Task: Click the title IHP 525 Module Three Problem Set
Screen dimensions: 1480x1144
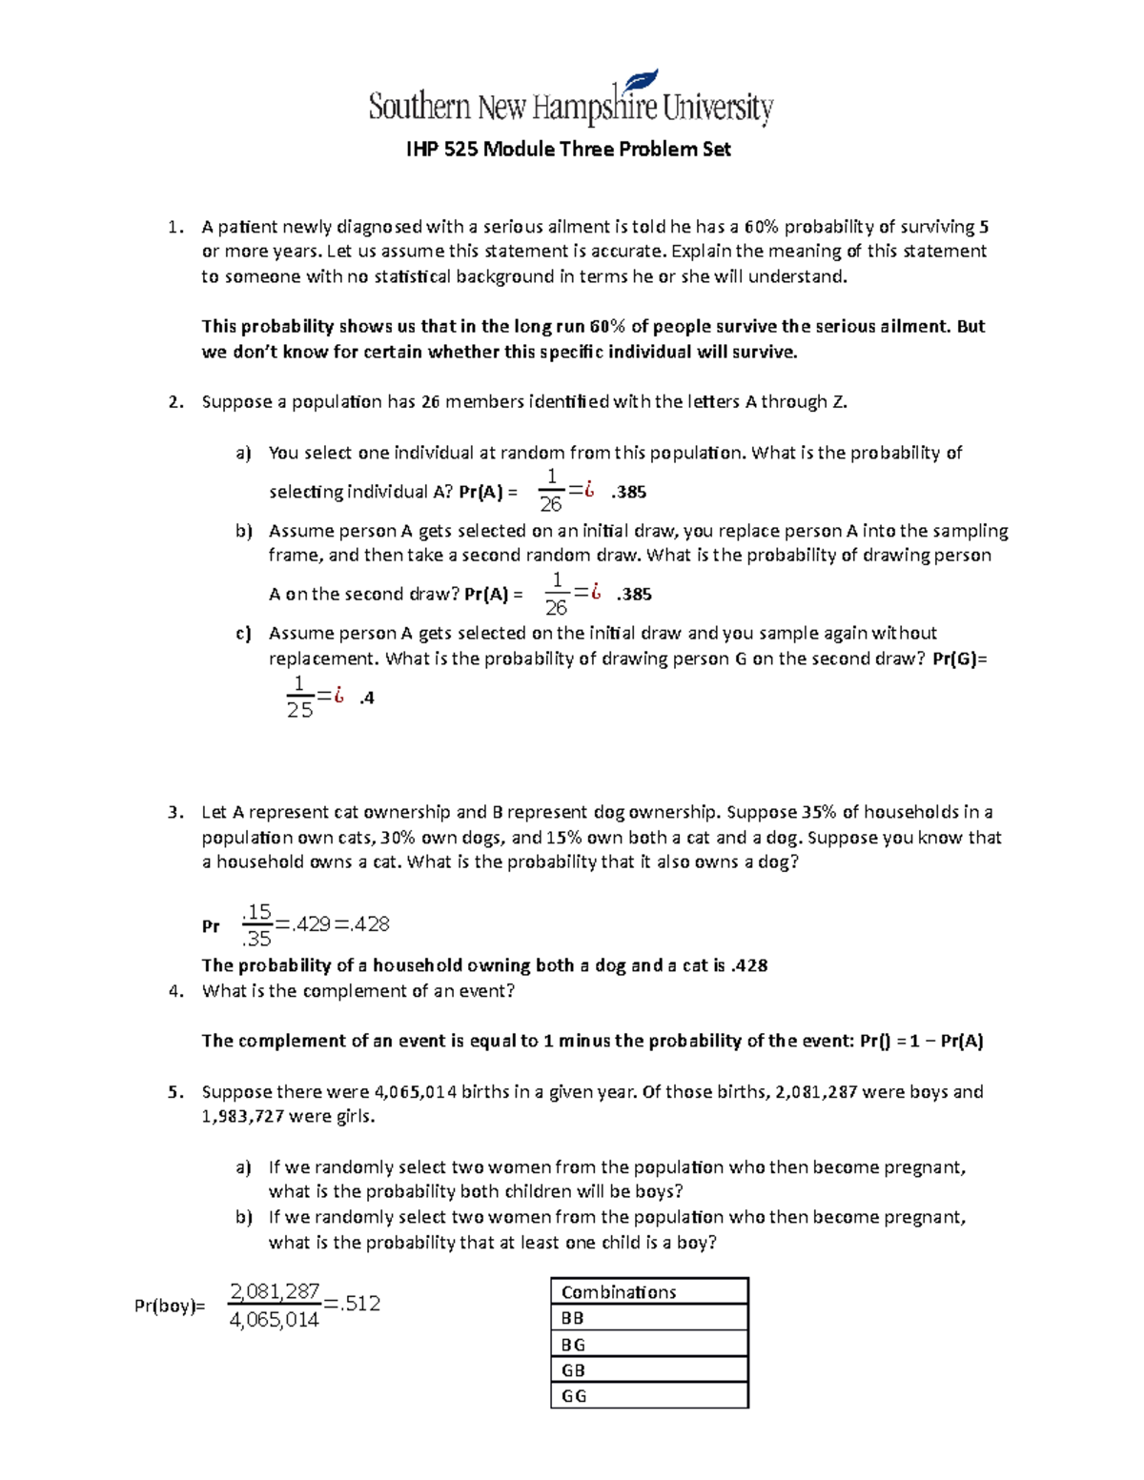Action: (568, 149)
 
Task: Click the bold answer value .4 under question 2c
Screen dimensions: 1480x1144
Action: (367, 698)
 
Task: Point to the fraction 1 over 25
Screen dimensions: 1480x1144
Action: (299, 698)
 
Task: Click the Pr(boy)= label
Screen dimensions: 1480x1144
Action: (170, 1307)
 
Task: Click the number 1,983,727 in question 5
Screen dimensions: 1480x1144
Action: (242, 1116)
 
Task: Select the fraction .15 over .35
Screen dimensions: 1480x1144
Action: (256, 924)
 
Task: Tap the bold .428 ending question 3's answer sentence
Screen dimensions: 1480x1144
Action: (748, 965)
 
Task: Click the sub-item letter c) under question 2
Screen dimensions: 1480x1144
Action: (243, 634)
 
